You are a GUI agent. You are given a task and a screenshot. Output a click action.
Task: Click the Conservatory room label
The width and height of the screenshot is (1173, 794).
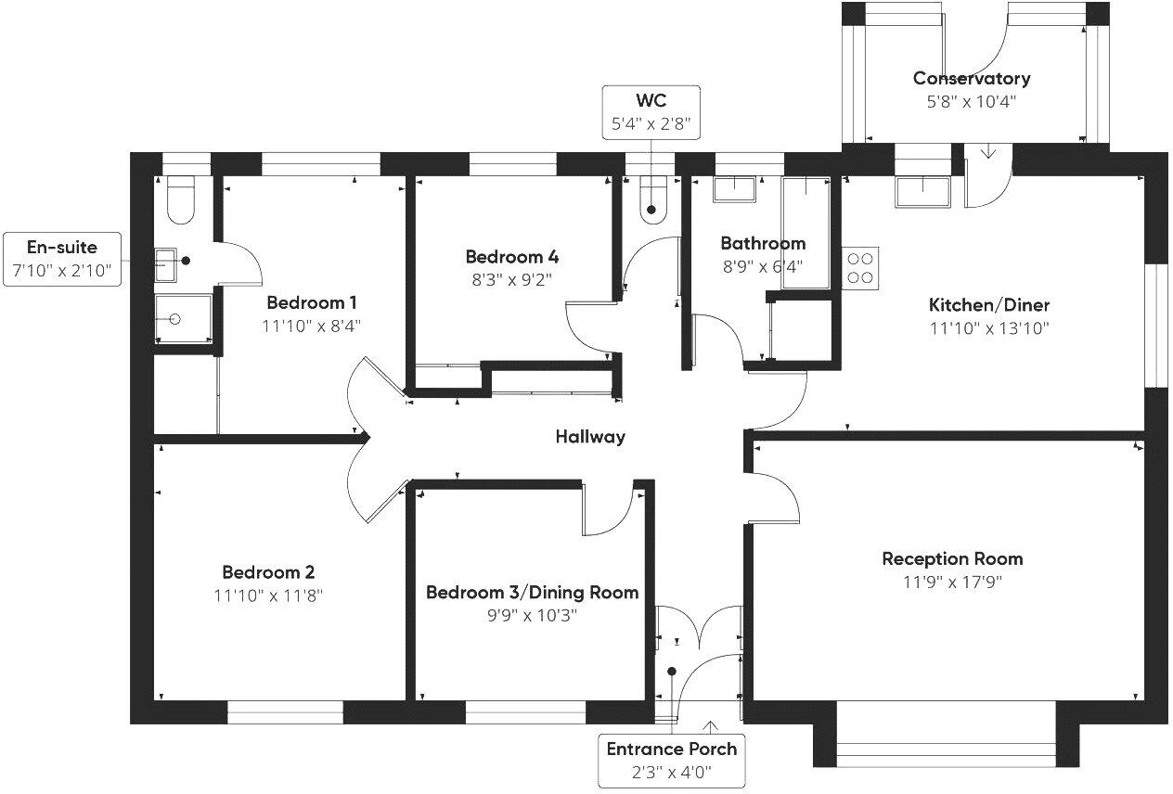point(971,79)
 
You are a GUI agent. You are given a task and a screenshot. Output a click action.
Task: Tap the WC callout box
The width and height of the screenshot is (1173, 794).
point(651,111)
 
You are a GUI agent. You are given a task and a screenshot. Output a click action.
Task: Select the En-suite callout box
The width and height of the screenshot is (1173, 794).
point(61,259)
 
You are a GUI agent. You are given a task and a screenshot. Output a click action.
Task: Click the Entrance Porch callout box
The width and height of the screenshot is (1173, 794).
point(671,759)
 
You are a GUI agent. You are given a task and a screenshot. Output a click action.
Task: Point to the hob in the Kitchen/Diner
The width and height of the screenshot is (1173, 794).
point(860,267)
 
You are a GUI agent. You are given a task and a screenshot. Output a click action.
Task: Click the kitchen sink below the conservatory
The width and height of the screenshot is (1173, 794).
point(922,193)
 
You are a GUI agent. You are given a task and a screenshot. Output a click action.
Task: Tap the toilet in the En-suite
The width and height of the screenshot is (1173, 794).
point(180,201)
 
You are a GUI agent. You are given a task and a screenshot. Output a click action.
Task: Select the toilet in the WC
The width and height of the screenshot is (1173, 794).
point(652,203)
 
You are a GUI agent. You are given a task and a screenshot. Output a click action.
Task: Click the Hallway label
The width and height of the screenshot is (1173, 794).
point(590,437)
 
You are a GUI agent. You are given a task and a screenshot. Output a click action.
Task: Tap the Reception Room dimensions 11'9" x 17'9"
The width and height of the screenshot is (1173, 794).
point(952,583)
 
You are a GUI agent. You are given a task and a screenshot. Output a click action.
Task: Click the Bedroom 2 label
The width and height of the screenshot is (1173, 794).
point(268,572)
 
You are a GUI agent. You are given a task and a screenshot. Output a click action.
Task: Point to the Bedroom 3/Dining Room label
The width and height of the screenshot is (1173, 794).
point(532,593)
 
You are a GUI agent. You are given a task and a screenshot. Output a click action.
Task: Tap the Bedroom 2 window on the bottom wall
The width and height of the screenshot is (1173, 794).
point(285,712)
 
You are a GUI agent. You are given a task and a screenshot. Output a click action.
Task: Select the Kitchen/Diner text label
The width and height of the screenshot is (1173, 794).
point(989,305)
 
